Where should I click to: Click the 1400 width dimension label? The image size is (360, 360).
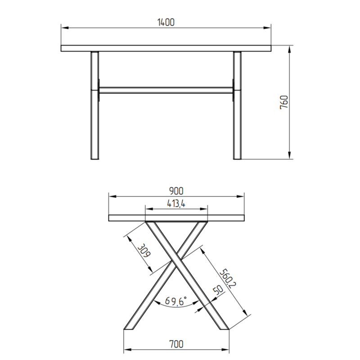coord(166,22)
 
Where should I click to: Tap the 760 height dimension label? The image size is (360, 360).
coord(284,102)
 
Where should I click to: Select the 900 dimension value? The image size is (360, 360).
coord(176,191)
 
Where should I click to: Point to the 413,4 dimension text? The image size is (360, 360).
coord(175,204)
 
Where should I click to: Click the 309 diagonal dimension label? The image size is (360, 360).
coord(144,251)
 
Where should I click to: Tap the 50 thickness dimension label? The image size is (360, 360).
coord(218,290)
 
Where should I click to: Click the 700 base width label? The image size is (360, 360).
coord(176,344)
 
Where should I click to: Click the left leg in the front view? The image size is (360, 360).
coord(95,105)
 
